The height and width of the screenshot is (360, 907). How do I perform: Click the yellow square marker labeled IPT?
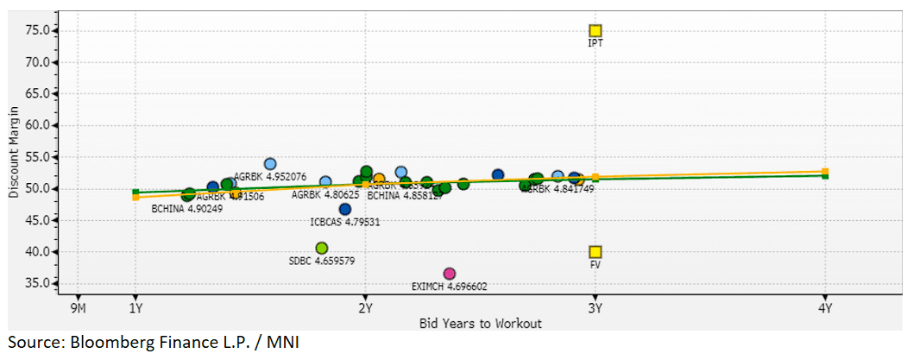click(595, 31)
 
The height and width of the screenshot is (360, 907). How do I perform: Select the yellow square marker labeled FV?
click(595, 252)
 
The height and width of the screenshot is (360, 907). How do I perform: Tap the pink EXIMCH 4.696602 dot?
click(449, 274)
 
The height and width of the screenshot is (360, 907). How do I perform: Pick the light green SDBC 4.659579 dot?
click(322, 249)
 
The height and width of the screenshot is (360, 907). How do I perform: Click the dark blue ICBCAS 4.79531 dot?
click(345, 209)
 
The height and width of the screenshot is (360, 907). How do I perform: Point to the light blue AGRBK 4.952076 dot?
click(270, 164)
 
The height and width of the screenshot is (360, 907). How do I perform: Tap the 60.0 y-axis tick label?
click(40, 125)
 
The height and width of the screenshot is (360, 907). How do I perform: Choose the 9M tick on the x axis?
click(78, 307)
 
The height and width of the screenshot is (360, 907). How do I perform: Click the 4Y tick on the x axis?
click(825, 307)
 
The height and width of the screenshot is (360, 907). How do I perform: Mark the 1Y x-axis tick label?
click(135, 307)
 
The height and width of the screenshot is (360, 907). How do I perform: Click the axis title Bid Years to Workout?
click(481, 323)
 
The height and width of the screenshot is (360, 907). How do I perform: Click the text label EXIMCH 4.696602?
click(449, 286)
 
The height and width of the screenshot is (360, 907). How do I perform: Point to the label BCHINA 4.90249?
click(187, 208)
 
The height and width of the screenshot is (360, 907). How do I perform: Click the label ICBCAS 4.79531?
click(345, 222)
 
